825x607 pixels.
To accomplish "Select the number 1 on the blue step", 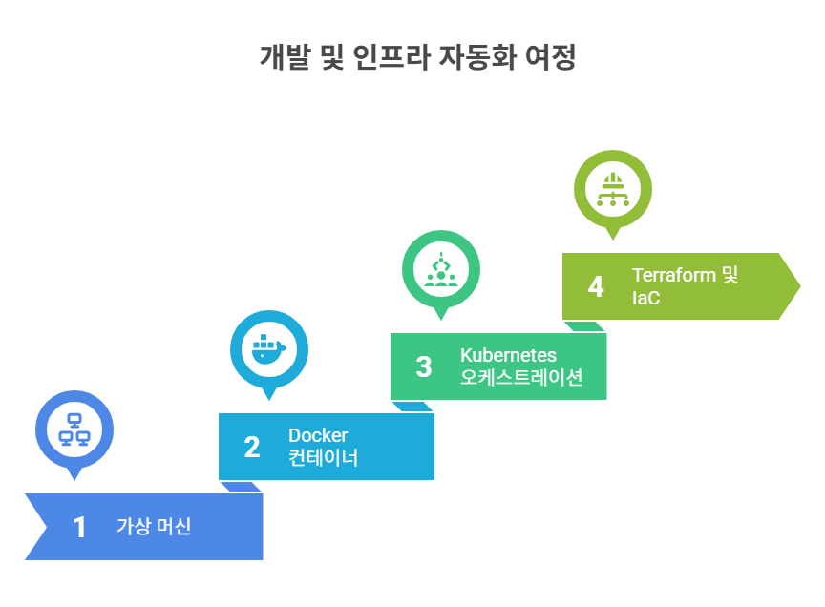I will pyautogui.click(x=79, y=527).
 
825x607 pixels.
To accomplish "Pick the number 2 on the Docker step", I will pyautogui.click(x=251, y=447).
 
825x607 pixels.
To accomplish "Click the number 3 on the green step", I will pyautogui.click(x=423, y=366).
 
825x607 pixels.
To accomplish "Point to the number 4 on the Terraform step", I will pyautogui.click(x=596, y=286).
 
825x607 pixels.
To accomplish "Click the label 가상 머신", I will pyautogui.click(x=154, y=526).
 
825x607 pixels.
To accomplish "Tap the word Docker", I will pyautogui.click(x=318, y=436).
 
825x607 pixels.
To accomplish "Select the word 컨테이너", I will pyautogui.click(x=324, y=457).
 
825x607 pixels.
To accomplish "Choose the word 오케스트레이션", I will pyautogui.click(x=521, y=377).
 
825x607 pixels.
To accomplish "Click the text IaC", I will pyautogui.click(x=645, y=297).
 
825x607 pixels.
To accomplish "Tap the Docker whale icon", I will pyautogui.click(x=268, y=348).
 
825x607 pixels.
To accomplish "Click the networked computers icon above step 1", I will pyautogui.click(x=74, y=429).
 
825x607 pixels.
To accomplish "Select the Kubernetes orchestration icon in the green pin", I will pyautogui.click(x=440, y=268).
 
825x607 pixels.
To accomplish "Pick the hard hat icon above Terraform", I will pyautogui.click(x=612, y=188).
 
